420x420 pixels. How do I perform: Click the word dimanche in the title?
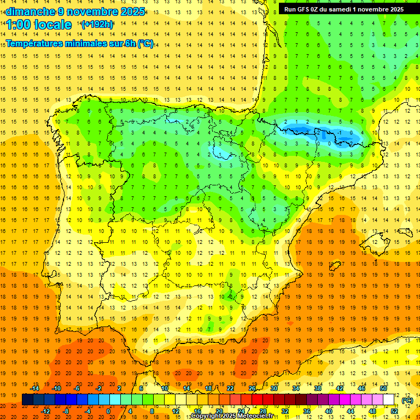[30, 11]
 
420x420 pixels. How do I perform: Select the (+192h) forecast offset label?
[97, 25]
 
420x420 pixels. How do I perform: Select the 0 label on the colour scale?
[109, 411]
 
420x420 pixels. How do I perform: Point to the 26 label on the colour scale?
[252, 388]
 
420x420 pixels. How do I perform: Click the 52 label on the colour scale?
[394, 411]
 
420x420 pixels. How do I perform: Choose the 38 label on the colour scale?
[318, 388]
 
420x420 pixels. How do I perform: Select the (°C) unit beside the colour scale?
[407, 400]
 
